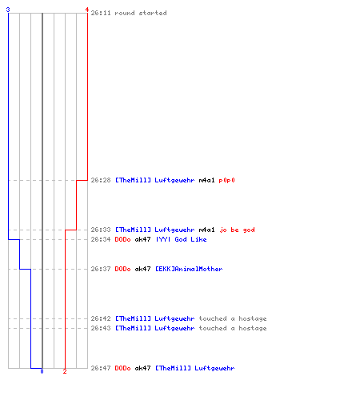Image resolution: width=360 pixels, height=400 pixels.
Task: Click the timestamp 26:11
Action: click(x=101, y=13)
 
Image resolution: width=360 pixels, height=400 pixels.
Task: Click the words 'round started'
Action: click(x=141, y=13)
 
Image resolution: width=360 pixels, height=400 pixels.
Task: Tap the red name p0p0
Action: click(x=226, y=181)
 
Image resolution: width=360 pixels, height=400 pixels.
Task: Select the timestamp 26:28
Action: click(x=101, y=180)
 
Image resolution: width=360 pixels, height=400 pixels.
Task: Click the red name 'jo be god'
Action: click(x=237, y=230)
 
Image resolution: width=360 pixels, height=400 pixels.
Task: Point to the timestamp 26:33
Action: click(x=101, y=230)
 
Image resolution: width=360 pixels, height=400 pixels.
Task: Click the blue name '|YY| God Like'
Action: click(x=181, y=239)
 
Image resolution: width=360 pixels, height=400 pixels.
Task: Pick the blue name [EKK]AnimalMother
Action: click(x=189, y=269)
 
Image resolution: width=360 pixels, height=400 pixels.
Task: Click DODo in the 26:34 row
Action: click(x=122, y=239)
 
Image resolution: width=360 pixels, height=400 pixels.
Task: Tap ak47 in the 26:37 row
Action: click(x=142, y=269)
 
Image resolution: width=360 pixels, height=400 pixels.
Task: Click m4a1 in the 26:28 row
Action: click(x=206, y=180)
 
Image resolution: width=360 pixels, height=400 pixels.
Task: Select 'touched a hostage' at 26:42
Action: click(x=233, y=319)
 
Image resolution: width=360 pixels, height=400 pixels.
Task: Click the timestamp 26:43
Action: click(x=101, y=328)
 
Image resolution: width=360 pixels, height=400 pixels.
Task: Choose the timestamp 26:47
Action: click(x=101, y=368)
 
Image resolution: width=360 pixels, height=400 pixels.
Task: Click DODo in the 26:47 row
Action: click(x=122, y=368)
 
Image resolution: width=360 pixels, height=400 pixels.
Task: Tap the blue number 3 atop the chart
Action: click(x=8, y=10)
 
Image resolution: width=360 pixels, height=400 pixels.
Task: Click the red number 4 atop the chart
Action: click(x=87, y=10)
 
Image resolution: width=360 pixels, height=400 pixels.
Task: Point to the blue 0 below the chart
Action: click(x=42, y=371)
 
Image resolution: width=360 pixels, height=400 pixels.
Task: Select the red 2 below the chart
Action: click(x=65, y=371)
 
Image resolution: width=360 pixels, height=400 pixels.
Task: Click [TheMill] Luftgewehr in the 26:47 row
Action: click(x=195, y=369)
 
